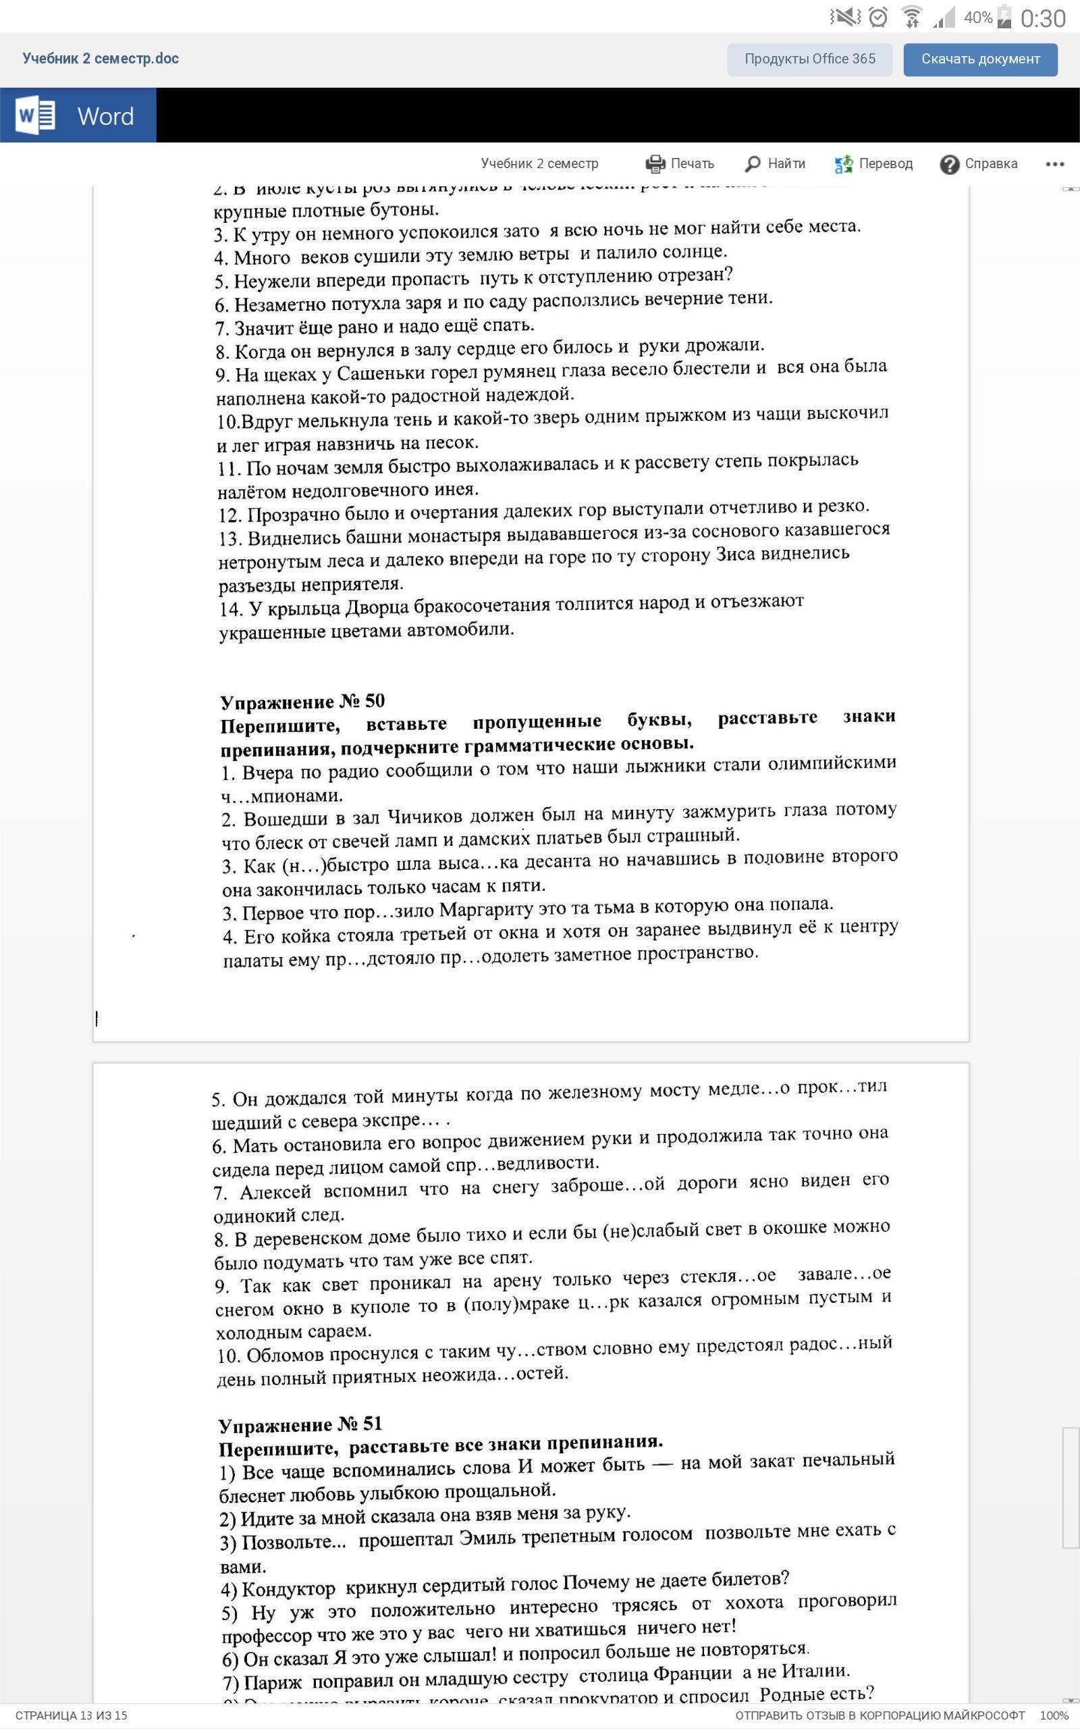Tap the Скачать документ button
pos(980,59)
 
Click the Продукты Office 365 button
pos(809,59)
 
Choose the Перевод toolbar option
pos(873,163)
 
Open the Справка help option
pos(979,163)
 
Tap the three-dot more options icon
pos(1054,163)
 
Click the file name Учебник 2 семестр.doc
pos(101,59)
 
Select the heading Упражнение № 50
pos(302,701)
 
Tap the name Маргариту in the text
pos(484,910)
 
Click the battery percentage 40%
pos(977,17)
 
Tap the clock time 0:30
pos(1042,18)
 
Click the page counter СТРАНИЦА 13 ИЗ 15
pos(72,1715)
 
